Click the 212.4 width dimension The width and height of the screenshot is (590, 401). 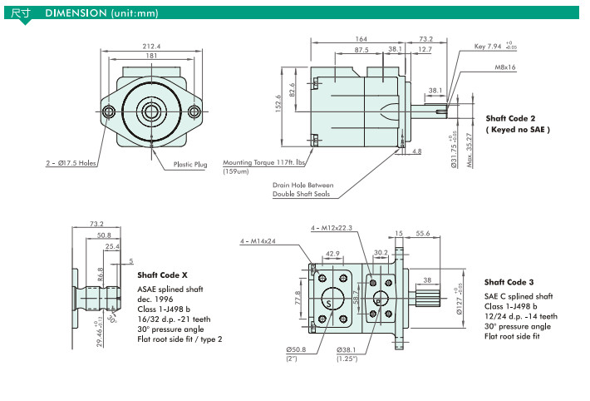point(150,46)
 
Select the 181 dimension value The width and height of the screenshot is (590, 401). point(150,56)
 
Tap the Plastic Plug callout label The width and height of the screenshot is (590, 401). point(190,165)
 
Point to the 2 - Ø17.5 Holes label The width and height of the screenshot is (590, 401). point(71,164)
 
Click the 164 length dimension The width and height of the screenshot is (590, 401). point(361,39)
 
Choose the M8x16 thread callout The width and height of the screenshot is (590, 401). point(505,67)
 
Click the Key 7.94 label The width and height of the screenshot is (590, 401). point(490,47)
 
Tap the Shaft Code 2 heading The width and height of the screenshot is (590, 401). point(510,119)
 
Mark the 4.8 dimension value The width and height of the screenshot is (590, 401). point(416,151)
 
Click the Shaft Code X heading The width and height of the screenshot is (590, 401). point(162,275)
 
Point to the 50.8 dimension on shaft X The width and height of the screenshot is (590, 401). point(103,235)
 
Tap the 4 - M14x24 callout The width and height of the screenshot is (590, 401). point(258,241)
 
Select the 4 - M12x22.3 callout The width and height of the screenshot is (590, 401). point(332,227)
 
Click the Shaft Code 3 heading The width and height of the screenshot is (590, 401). point(509,282)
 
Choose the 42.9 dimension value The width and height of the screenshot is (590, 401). point(332,254)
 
